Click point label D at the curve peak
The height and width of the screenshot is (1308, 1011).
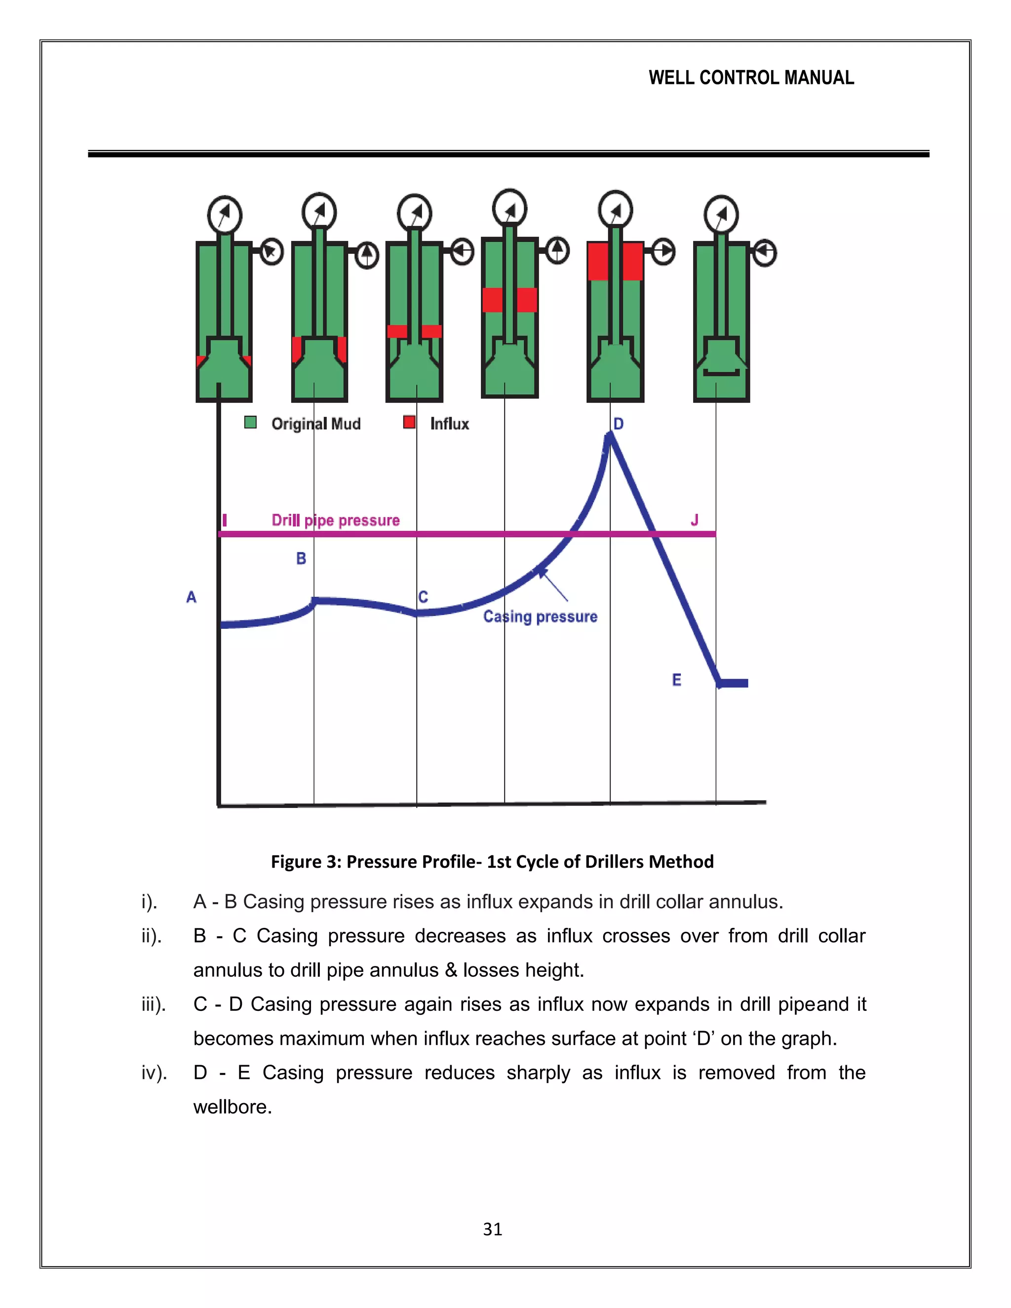(619, 424)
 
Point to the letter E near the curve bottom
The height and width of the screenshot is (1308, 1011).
(677, 680)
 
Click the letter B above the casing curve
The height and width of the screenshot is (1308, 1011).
(301, 558)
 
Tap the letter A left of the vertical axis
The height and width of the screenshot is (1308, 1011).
(191, 597)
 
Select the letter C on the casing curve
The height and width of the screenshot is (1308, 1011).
(424, 597)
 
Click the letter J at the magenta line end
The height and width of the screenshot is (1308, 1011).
(695, 520)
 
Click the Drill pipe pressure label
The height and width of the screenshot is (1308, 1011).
(335, 520)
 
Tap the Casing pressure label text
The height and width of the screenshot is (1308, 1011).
(540, 617)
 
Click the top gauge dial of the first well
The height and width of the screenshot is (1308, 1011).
(225, 214)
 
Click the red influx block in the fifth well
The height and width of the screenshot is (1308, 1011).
(633, 261)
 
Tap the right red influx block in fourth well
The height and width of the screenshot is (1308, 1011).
(527, 300)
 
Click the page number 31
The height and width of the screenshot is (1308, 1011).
(492, 1229)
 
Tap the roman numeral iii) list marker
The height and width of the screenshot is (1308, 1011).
(154, 1004)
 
